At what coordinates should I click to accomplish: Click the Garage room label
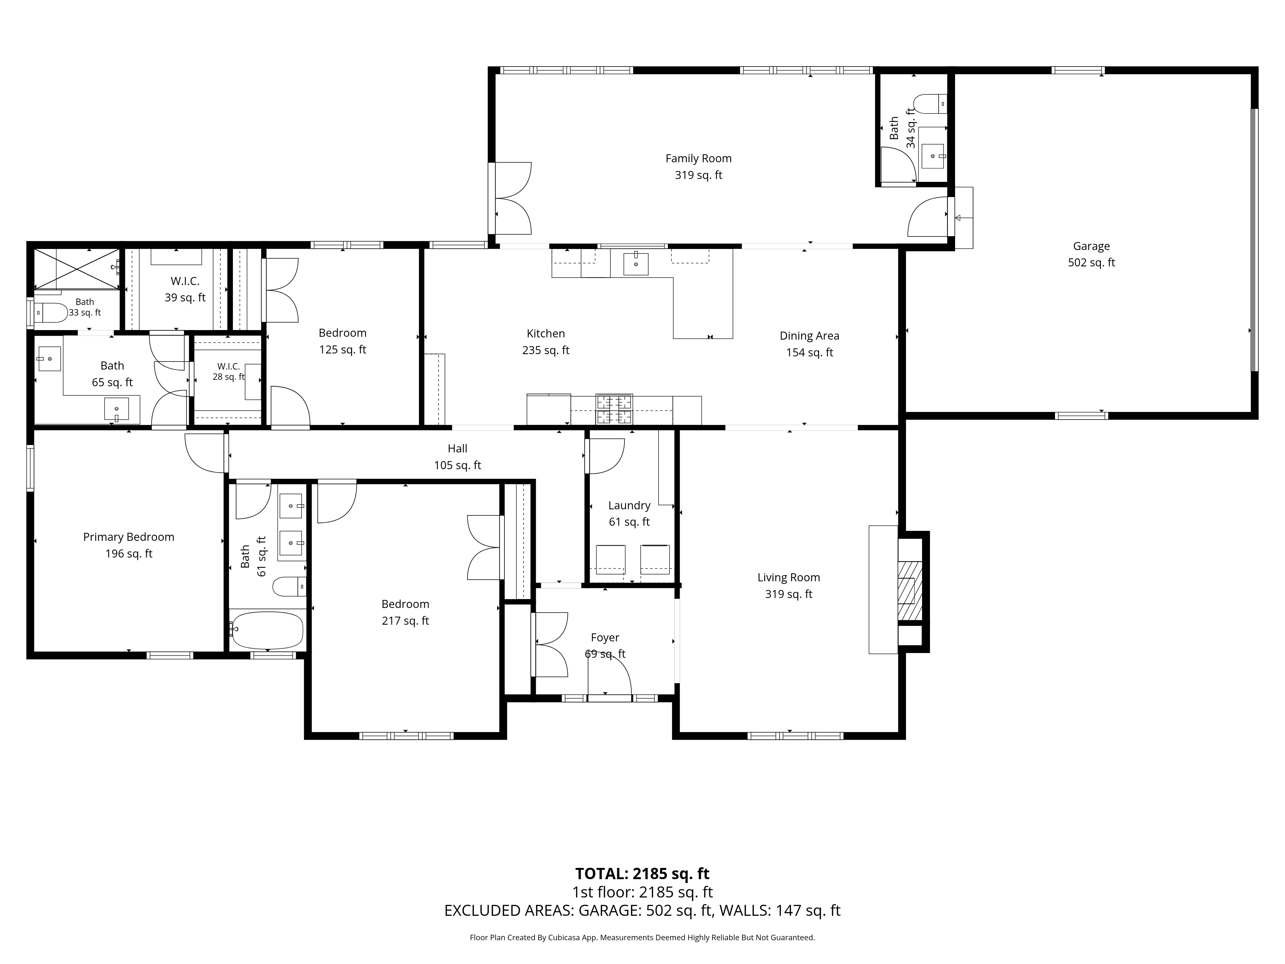[1091, 246]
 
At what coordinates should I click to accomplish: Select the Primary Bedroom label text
[128, 537]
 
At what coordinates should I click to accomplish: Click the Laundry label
[629, 505]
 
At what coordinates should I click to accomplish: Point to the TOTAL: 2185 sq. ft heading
[642, 873]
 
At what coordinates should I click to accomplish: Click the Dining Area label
[809, 336]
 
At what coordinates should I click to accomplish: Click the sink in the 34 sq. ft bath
[932, 156]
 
